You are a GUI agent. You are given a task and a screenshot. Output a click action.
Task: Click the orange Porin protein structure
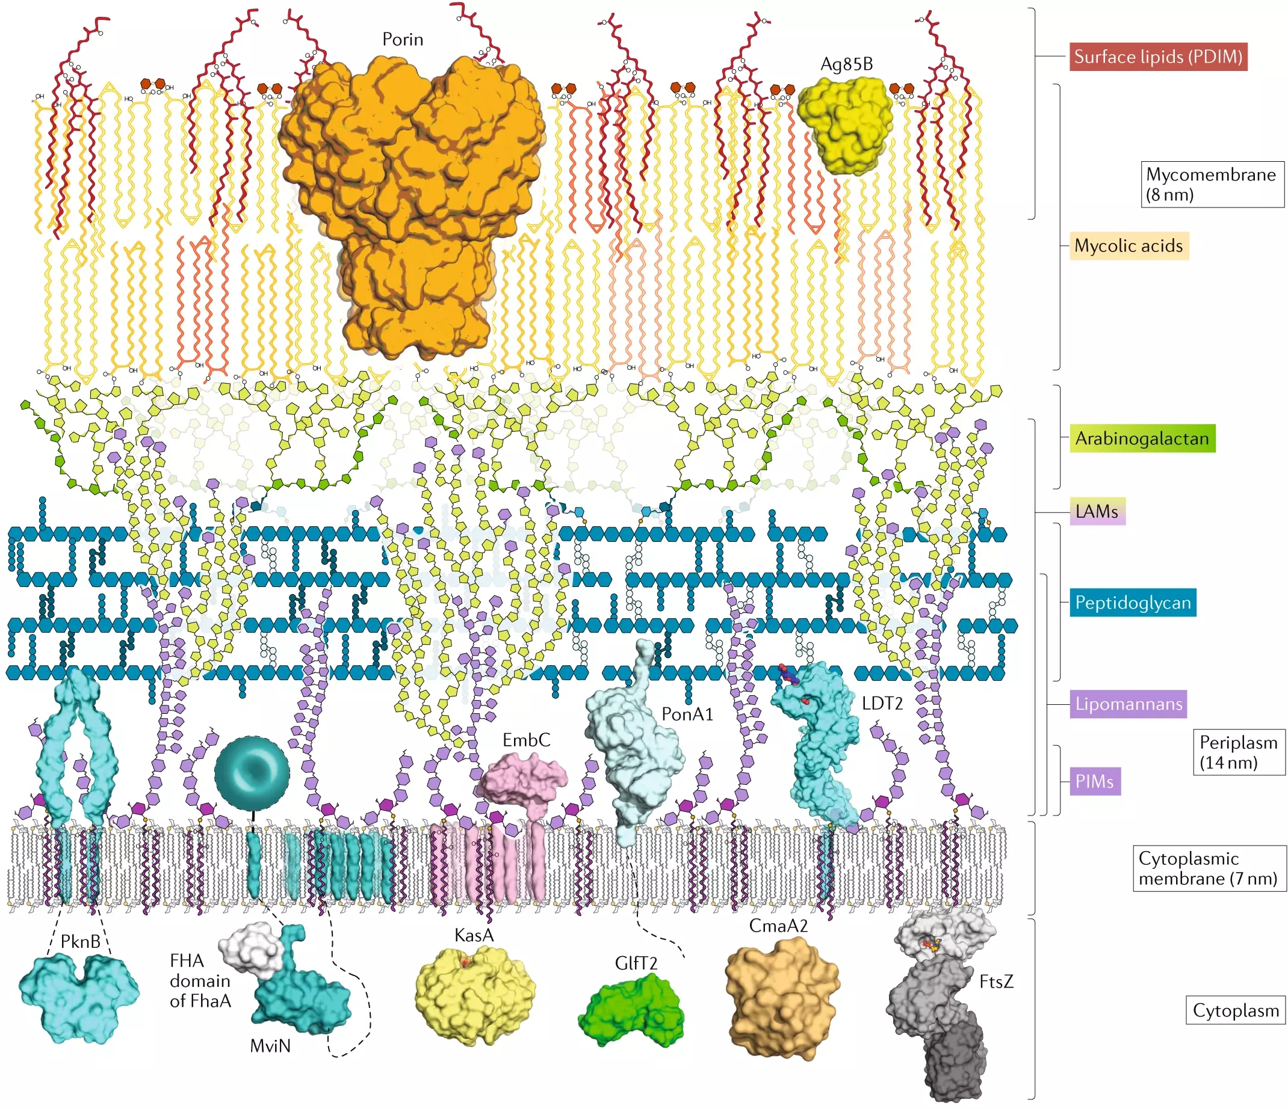coord(410,186)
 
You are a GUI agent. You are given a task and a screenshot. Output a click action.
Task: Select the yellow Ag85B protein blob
coord(846,124)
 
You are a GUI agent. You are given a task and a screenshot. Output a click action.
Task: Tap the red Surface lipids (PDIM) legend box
coord(1158,57)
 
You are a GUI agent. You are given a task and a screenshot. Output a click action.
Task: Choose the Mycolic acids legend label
coord(1129,246)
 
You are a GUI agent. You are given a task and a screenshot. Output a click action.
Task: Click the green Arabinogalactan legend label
coord(1142,438)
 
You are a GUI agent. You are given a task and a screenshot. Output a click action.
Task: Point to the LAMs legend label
coord(1097,511)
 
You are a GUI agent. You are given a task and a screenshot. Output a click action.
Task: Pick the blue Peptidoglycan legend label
coord(1133,603)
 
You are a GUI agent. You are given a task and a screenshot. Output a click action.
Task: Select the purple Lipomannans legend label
coord(1129,704)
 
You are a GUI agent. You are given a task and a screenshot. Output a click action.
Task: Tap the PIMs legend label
coord(1095,781)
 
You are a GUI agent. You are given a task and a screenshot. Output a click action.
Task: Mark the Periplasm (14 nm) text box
coord(1238,752)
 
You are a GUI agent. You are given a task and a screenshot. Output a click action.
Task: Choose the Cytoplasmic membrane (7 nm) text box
coord(1209,868)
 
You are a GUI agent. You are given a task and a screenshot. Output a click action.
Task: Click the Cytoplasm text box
coord(1235,1011)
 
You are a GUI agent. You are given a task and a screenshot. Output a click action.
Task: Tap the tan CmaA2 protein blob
coord(782,997)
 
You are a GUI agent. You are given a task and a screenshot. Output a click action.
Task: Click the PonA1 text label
coord(687,714)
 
